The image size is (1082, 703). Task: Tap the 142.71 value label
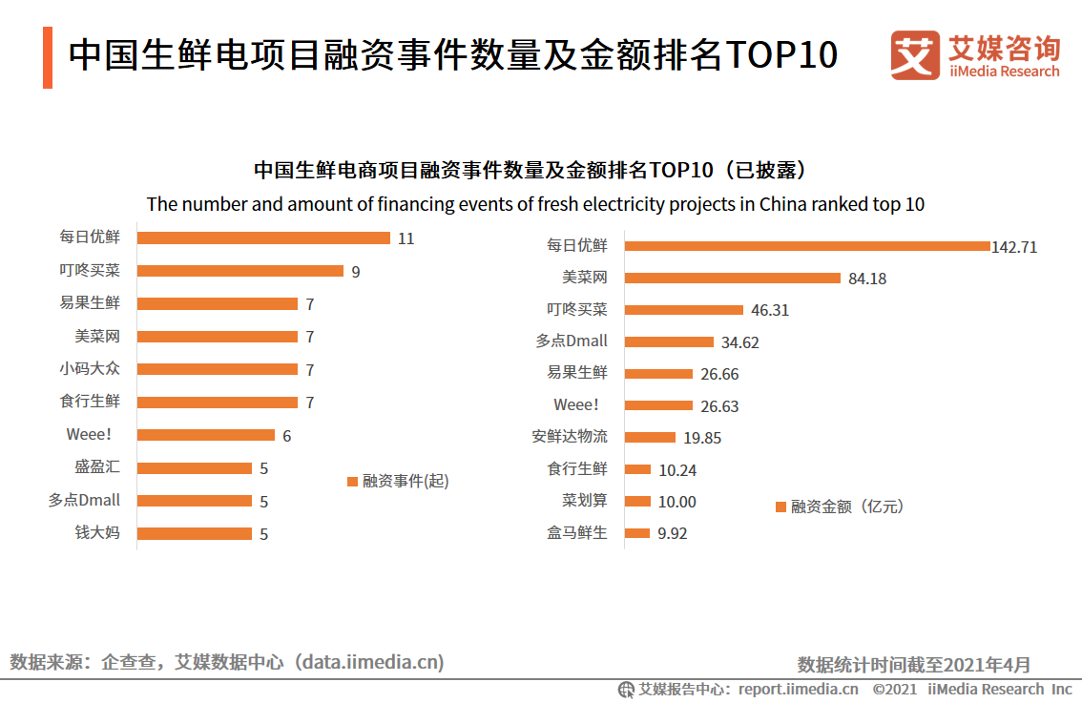click(1014, 247)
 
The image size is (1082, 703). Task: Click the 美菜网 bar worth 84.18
click(732, 279)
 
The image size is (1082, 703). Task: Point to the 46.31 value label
click(770, 311)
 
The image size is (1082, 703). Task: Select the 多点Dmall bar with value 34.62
click(668, 341)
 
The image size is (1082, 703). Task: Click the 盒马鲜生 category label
click(576, 533)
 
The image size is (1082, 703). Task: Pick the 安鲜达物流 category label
click(569, 437)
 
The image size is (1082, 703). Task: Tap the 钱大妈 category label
click(97, 533)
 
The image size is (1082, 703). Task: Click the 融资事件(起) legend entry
click(398, 481)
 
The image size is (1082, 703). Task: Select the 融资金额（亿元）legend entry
click(840, 507)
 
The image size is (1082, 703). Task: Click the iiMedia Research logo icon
click(914, 56)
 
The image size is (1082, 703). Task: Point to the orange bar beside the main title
click(48, 57)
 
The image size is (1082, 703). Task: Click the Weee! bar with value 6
click(205, 435)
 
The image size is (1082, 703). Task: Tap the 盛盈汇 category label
click(97, 467)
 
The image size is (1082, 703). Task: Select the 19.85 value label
click(701, 438)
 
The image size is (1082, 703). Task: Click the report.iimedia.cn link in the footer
click(798, 689)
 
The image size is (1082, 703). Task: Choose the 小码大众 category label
click(90, 369)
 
